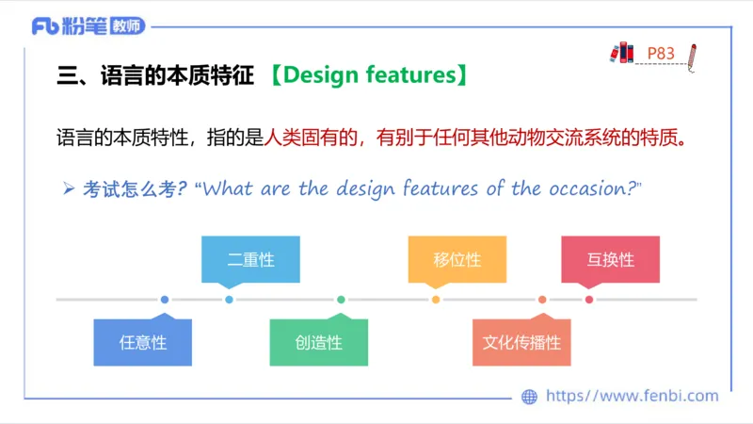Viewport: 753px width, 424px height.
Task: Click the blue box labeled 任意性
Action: (142, 342)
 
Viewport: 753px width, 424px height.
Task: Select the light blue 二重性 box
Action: (250, 259)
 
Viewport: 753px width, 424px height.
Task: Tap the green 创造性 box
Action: (318, 342)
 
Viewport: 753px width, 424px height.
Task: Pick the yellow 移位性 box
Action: (457, 259)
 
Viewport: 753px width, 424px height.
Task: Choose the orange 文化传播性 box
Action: (521, 342)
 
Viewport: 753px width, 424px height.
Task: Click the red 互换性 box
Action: (610, 259)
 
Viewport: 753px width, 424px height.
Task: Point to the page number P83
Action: (661, 54)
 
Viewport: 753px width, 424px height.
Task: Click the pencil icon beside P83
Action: (693, 56)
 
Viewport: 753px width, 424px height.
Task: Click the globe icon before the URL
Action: (529, 397)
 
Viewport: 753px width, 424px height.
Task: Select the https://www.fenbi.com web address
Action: (632, 397)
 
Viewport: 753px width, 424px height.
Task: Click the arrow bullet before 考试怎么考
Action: (68, 188)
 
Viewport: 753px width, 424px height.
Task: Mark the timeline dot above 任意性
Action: (165, 300)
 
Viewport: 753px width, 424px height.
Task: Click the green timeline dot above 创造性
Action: (341, 300)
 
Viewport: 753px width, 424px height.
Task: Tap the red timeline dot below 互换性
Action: (589, 300)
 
